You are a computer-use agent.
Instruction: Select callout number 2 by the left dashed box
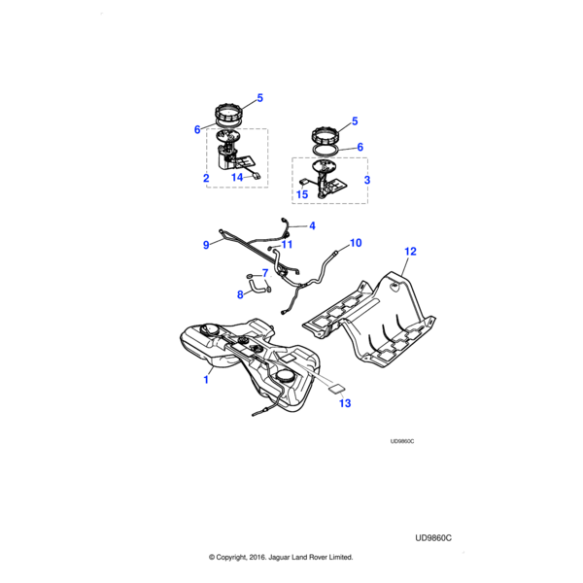206,178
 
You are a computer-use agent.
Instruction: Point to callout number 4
312,226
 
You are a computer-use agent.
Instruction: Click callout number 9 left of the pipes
206,246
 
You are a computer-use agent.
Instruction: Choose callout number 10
355,242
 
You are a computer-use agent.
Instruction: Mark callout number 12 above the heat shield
410,252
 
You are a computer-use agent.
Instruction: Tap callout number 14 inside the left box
236,178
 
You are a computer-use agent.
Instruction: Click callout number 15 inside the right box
302,194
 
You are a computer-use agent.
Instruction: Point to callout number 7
264,273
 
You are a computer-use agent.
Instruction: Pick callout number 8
242,293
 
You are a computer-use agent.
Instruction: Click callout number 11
287,245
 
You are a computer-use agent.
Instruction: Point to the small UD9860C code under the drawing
401,440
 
